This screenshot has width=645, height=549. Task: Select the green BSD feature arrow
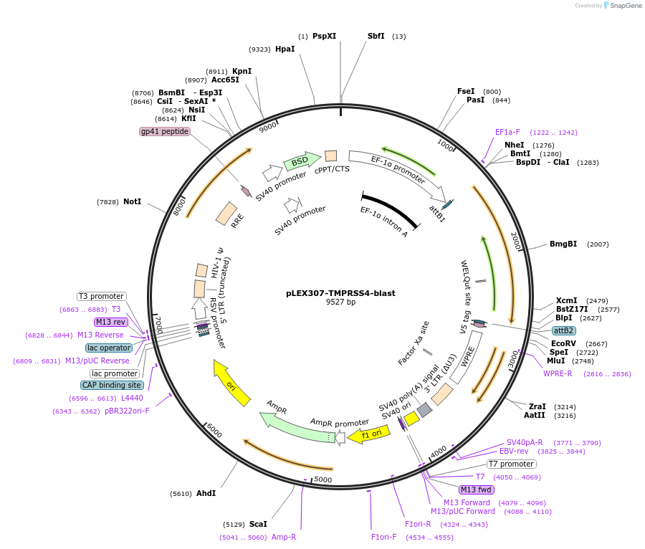coord(301,163)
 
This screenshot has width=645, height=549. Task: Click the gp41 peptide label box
coord(165,131)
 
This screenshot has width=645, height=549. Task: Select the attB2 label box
coord(563,330)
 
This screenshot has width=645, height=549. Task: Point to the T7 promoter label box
coord(511,464)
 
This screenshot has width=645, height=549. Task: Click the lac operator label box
coord(109,348)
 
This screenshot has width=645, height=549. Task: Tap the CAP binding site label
coord(111,385)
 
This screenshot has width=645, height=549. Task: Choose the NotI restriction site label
coord(132,202)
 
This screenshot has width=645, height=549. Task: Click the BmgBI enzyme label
coord(563,244)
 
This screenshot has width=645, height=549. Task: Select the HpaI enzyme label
coord(285,49)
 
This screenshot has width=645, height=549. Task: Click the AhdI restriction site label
coord(206,493)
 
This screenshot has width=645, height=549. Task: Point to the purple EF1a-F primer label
coord(507,132)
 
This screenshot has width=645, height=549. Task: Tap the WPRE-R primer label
coord(558,373)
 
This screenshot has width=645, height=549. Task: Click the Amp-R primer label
coord(284,537)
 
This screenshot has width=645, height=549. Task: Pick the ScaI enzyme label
coord(258,524)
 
